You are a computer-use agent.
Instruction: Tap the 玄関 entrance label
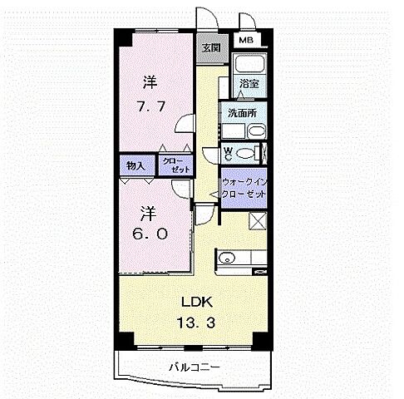coord(208,47)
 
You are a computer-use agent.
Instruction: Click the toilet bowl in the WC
coord(244,153)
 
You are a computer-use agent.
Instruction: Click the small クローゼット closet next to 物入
coord(175,165)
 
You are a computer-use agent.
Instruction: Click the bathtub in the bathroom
coord(248,65)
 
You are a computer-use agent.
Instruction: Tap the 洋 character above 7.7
coord(150,82)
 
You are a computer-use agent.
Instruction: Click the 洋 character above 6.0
coord(150,210)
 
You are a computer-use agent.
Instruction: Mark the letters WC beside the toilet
coord(227,153)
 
